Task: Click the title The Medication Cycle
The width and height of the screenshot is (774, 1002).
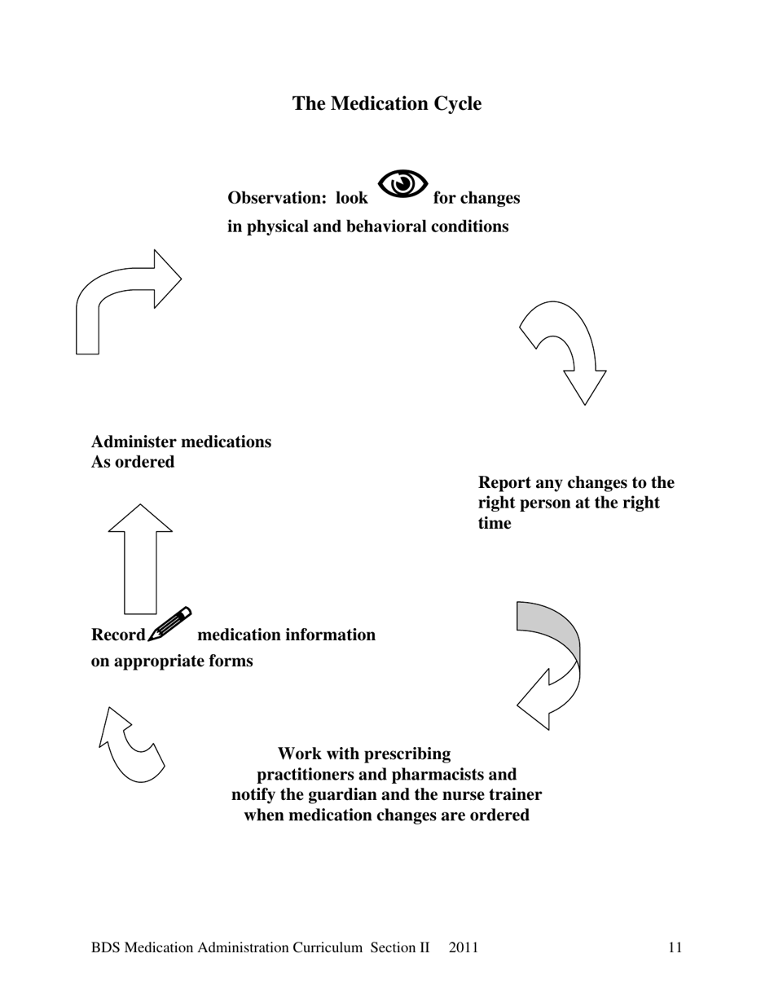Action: (387, 103)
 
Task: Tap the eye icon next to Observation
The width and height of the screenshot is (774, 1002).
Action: (402, 184)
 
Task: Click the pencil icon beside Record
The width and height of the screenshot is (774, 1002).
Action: (170, 624)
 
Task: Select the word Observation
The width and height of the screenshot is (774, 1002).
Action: (275, 198)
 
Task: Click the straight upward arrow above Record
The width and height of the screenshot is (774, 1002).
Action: (140, 562)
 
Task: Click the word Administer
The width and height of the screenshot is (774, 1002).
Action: (134, 442)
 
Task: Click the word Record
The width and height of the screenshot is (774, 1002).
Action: (118, 635)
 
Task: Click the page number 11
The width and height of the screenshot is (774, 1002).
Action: (675, 947)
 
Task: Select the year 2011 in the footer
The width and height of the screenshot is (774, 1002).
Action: (464, 947)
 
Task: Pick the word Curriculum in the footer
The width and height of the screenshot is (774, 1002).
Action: (324, 947)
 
